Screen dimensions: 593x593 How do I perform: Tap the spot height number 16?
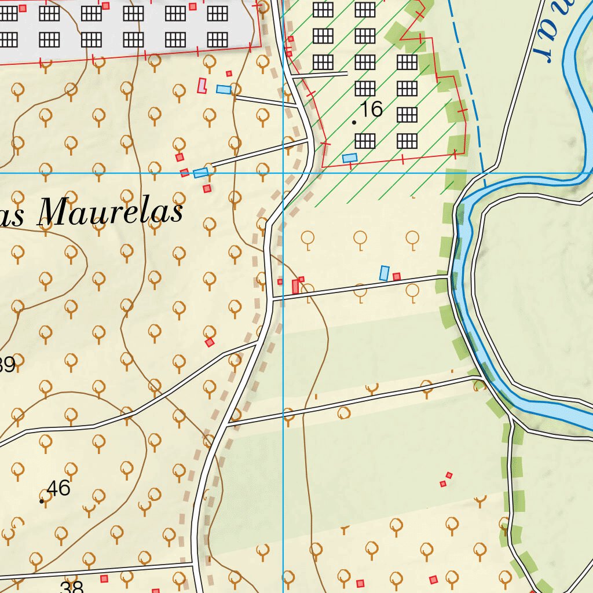click(x=371, y=109)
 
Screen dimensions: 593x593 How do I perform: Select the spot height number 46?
click(x=58, y=488)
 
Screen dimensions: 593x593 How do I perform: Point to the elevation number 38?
click(x=72, y=587)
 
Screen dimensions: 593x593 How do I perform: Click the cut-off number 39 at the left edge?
click(x=7, y=365)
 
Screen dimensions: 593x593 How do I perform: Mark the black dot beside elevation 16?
click(x=354, y=123)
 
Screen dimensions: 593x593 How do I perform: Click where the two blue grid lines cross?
click(x=283, y=173)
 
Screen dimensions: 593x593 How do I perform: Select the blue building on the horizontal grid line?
click(x=200, y=173)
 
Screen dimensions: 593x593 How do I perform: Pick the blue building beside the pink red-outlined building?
click(x=223, y=89)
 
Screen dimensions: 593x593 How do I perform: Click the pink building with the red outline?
click(x=202, y=86)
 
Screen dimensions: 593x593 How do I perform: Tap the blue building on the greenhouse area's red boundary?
click(x=349, y=158)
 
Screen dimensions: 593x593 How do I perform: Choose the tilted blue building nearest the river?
click(x=384, y=273)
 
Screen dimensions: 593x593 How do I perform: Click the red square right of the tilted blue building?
click(x=397, y=277)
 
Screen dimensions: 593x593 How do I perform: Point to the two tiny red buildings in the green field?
click(x=446, y=479)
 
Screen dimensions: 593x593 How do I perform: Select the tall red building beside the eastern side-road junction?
click(x=296, y=286)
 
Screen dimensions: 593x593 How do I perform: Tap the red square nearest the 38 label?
click(x=104, y=579)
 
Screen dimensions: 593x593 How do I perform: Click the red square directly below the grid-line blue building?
click(x=207, y=189)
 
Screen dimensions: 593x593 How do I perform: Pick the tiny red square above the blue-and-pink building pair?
click(x=229, y=74)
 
